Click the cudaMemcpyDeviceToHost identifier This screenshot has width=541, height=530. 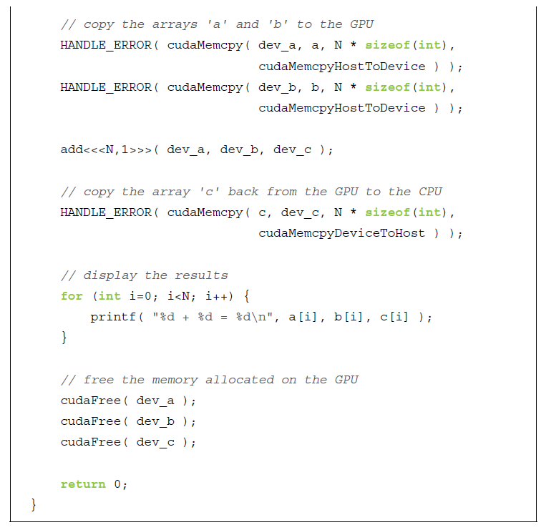point(341,233)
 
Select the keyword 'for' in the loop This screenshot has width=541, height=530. point(72,296)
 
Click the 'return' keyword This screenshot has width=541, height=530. point(83,484)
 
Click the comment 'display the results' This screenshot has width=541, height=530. point(145,275)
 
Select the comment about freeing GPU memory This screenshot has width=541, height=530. point(209,380)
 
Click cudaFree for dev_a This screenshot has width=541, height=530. point(90,401)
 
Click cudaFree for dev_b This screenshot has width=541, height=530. point(90,421)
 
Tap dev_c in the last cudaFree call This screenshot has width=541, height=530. point(155,442)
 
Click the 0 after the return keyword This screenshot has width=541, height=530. point(118,484)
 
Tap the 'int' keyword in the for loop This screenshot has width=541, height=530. point(109,296)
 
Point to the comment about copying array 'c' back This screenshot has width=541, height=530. point(251,192)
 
